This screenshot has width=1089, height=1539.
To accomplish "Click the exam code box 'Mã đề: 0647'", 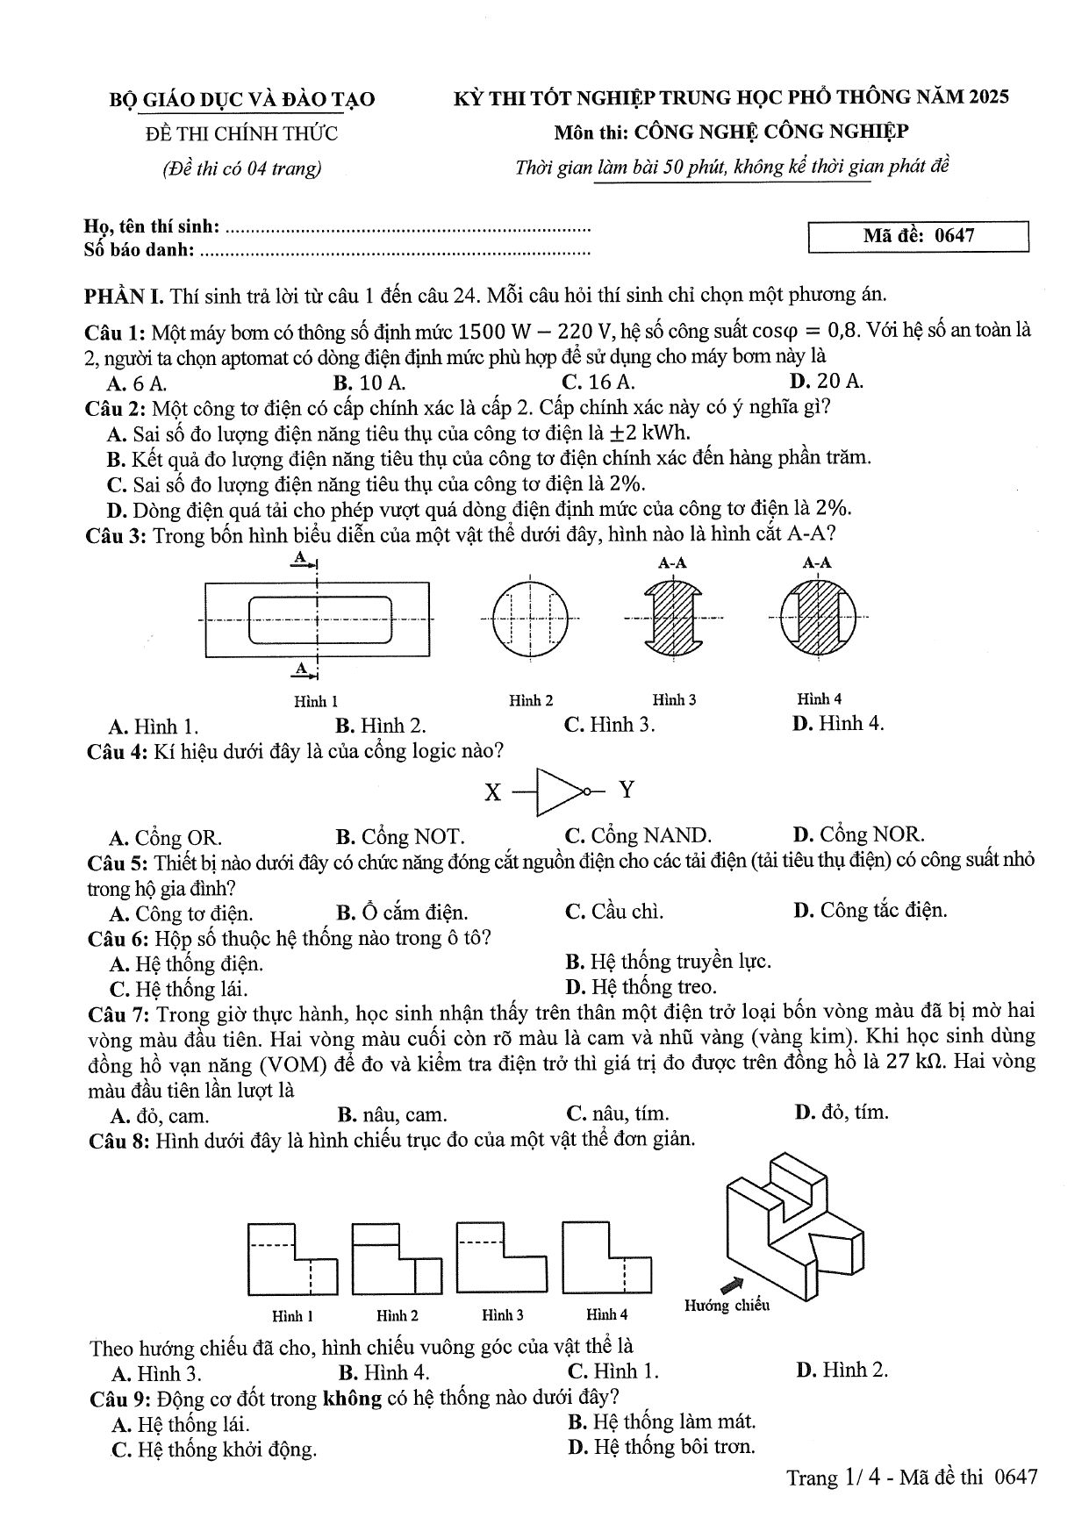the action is point(918,237).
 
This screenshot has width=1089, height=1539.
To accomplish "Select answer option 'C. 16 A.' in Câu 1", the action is point(598,383).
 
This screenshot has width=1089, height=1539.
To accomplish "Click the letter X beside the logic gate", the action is point(493,793).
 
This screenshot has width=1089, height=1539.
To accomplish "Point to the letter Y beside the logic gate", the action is point(627,790).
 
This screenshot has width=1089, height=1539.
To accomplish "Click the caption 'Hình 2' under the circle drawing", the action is point(531,700).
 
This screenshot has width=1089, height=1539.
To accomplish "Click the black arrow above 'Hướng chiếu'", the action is point(730,1285).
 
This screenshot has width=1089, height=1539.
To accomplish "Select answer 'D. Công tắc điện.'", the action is point(870,911).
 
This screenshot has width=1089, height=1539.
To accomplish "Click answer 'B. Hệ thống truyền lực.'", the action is point(669,962).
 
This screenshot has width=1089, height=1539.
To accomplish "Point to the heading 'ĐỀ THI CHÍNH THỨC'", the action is point(241,133).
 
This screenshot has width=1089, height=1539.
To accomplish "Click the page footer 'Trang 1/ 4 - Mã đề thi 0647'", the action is point(912,1478).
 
